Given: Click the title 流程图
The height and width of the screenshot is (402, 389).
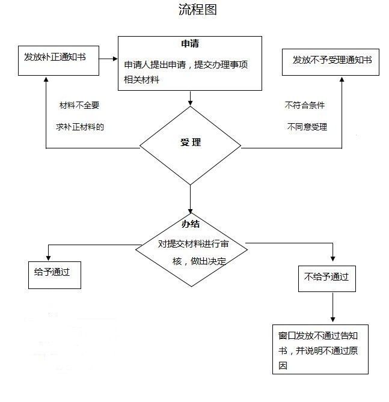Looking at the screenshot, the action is pyautogui.click(x=198, y=10).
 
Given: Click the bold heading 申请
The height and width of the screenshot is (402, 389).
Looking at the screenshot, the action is pyautogui.click(x=190, y=44).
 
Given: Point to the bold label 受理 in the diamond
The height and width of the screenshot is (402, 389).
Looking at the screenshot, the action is pyautogui.click(x=191, y=142).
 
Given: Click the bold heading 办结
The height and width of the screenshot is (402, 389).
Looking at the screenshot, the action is pyautogui.click(x=191, y=224).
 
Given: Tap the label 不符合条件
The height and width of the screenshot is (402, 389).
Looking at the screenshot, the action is pyautogui.click(x=305, y=105).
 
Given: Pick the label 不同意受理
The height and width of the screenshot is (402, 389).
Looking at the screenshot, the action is pyautogui.click(x=307, y=127).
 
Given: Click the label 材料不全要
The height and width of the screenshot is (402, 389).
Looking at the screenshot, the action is pyautogui.click(x=79, y=105).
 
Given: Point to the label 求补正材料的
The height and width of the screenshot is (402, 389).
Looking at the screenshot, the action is pyautogui.click(x=80, y=127).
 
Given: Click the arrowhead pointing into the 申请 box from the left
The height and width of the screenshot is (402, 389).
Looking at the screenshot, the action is pyautogui.click(x=115, y=59).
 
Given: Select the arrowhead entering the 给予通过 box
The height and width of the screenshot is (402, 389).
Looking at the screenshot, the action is pyautogui.click(x=48, y=258).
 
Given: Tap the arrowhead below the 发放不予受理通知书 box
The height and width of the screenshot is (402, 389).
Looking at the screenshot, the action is pyautogui.click(x=342, y=79).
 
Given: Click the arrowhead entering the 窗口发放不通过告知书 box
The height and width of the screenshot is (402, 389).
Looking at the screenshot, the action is pyautogui.click(x=333, y=320).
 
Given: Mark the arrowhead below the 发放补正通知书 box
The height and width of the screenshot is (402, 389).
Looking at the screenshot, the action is pyautogui.click(x=46, y=79).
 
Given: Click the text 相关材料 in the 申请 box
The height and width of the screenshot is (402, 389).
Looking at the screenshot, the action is pyautogui.click(x=141, y=80).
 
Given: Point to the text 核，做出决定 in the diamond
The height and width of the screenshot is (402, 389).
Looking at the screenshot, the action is pyautogui.click(x=199, y=261).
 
